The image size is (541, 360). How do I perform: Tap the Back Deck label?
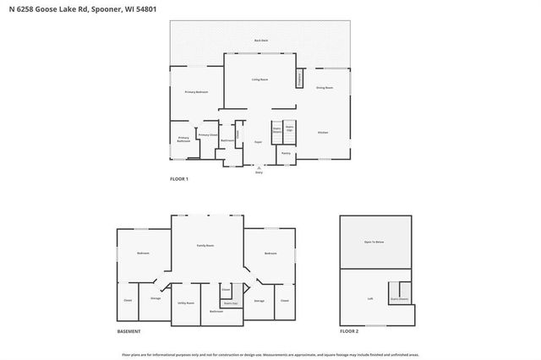[261, 41]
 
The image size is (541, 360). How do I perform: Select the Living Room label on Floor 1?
[260, 79]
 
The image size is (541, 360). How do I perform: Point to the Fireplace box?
[298, 78]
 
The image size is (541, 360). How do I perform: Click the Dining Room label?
[325, 88]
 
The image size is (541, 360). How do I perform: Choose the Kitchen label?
[323, 133]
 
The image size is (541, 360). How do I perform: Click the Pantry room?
[286, 153]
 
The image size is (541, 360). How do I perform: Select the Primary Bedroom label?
[196, 91]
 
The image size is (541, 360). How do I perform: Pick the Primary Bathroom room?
[183, 139]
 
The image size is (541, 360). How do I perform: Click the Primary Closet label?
[207, 135]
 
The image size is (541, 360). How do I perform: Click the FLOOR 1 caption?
[179, 180]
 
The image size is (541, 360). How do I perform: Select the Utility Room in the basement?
[186, 303]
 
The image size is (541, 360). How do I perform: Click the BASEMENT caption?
[128, 332]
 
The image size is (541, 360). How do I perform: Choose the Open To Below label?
[374, 242]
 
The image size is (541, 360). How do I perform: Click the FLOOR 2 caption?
[349, 332]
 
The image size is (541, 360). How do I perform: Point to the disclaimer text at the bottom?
[270, 354]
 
